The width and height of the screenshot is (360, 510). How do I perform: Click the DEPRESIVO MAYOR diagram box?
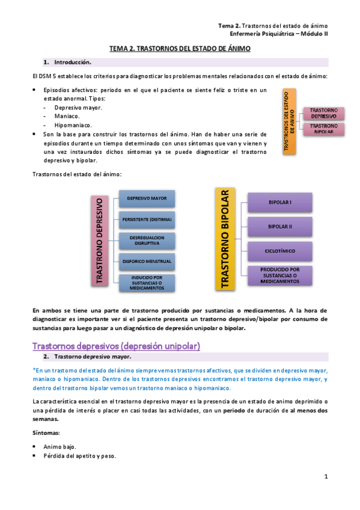[x=147, y=198]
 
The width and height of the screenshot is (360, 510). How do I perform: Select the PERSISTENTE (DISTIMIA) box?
[x=147, y=220]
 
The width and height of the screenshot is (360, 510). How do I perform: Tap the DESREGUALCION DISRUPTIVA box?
[x=147, y=241]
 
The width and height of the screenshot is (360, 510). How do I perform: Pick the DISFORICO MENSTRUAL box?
[x=147, y=262]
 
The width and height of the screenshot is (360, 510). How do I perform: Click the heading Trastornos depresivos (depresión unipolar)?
[x=115, y=346]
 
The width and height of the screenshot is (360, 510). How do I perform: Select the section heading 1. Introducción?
[x=72, y=62]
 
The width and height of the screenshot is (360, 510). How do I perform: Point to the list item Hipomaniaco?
[x=73, y=124]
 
